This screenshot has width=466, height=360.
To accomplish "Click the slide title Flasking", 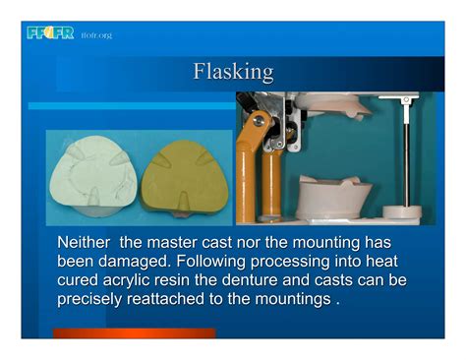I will [233, 72].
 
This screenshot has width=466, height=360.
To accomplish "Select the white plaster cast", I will [94, 176].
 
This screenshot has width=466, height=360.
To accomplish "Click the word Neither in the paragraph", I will [85, 243].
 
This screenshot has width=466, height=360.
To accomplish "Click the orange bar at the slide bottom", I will [133, 333].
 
